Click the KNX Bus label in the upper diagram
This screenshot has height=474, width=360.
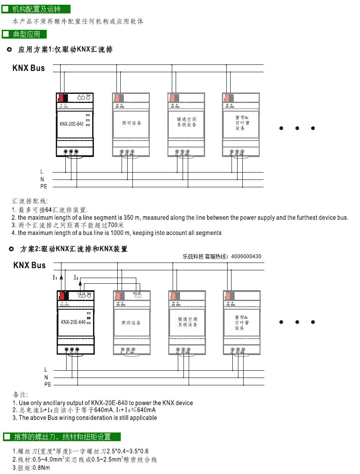click(x=29, y=68)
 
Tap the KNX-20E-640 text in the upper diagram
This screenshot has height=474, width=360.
click(x=71, y=124)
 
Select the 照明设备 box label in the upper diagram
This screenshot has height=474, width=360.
click(x=132, y=123)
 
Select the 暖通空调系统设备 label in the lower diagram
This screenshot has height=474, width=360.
click(x=187, y=322)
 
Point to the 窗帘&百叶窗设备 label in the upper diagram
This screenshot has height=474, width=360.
click(x=242, y=123)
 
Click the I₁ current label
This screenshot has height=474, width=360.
click(x=55, y=277)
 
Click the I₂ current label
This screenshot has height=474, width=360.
click(x=76, y=277)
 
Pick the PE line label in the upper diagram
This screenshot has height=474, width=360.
click(x=44, y=187)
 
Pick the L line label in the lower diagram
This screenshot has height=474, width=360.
click(x=45, y=370)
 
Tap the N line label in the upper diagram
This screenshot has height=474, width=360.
click(x=42, y=179)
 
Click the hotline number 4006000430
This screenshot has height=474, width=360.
click(x=246, y=256)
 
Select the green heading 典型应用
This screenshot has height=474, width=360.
click(x=27, y=34)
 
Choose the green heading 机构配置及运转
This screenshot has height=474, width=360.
click(x=37, y=9)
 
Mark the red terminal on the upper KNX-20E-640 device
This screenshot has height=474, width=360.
click(x=64, y=98)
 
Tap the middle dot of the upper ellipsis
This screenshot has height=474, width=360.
click(x=297, y=128)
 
